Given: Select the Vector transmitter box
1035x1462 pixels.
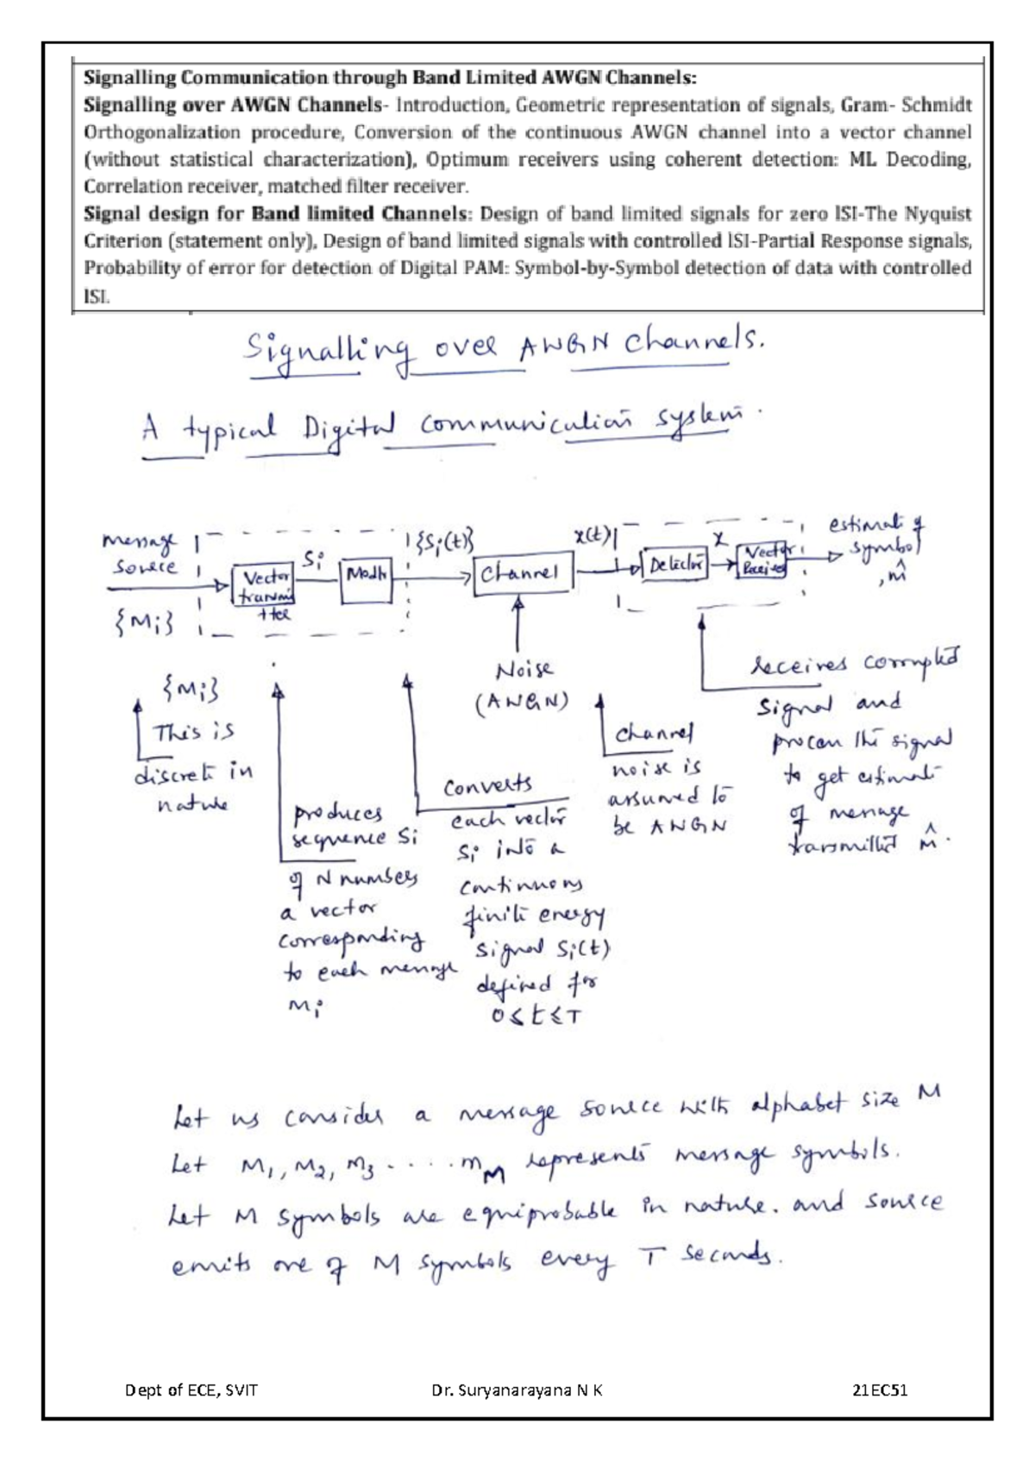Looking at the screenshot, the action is click(x=263, y=586).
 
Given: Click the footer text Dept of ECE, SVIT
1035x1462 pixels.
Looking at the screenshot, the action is click(x=191, y=1390).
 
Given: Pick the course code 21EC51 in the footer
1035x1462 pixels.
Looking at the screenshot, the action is click(x=880, y=1390).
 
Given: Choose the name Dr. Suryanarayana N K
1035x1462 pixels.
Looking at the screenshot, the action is click(x=517, y=1390).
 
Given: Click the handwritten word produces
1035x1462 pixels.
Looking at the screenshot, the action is click(x=339, y=813).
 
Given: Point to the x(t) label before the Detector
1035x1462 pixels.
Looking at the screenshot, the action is click(x=593, y=535).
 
